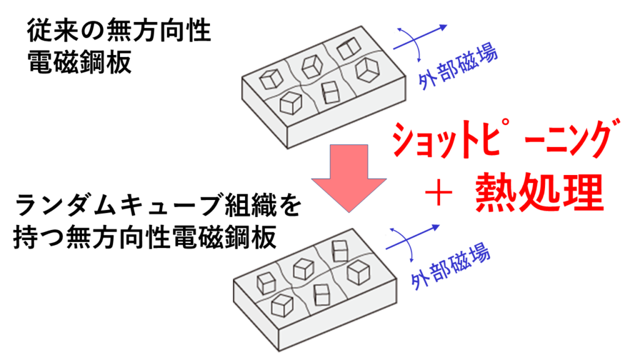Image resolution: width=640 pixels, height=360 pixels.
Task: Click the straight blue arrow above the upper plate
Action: click(428, 32)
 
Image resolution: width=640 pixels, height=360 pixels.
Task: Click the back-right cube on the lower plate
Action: click(341, 251)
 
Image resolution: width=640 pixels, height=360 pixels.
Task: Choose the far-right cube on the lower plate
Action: click(358, 271)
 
